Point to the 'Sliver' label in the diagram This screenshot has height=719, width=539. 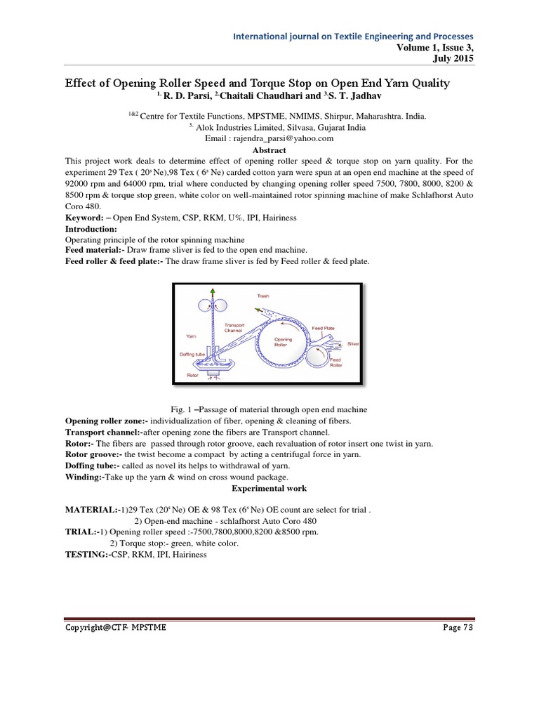point(352,345)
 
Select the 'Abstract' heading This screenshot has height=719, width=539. point(269,150)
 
